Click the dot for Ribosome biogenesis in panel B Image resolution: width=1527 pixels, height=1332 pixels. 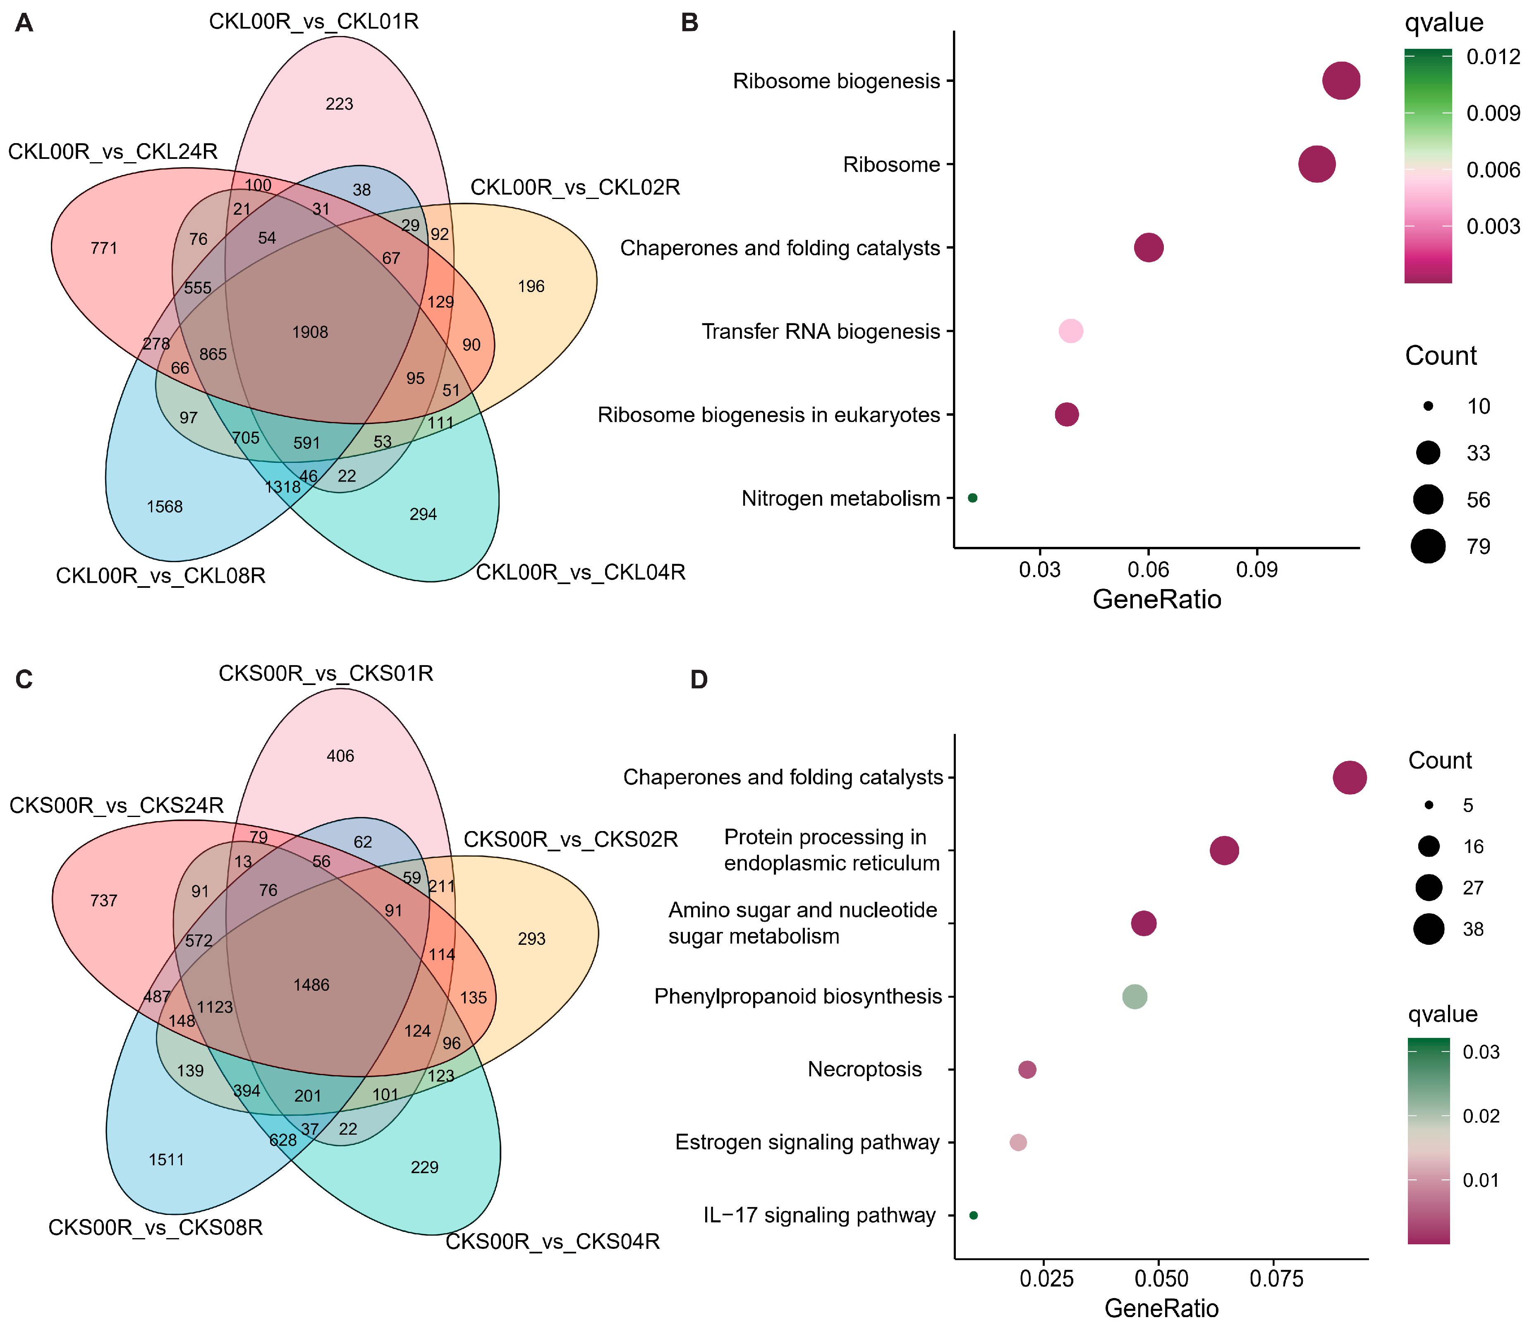1341,81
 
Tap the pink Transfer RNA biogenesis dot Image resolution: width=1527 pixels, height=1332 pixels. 1070,331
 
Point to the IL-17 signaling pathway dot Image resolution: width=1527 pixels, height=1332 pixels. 974,1215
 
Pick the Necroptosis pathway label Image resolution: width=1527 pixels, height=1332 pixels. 864,1069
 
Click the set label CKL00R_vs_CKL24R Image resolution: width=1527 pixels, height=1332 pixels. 113,152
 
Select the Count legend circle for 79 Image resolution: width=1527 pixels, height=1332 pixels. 1428,546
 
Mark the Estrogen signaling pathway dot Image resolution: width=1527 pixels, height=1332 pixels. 1018,1143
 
